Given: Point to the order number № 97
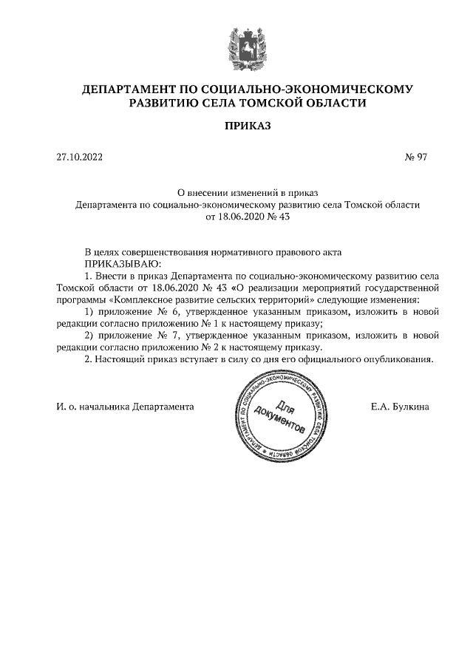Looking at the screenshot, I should (416, 157).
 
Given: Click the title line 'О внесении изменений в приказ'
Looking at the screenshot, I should (248, 191).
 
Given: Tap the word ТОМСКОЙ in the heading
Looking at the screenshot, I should (262, 103).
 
